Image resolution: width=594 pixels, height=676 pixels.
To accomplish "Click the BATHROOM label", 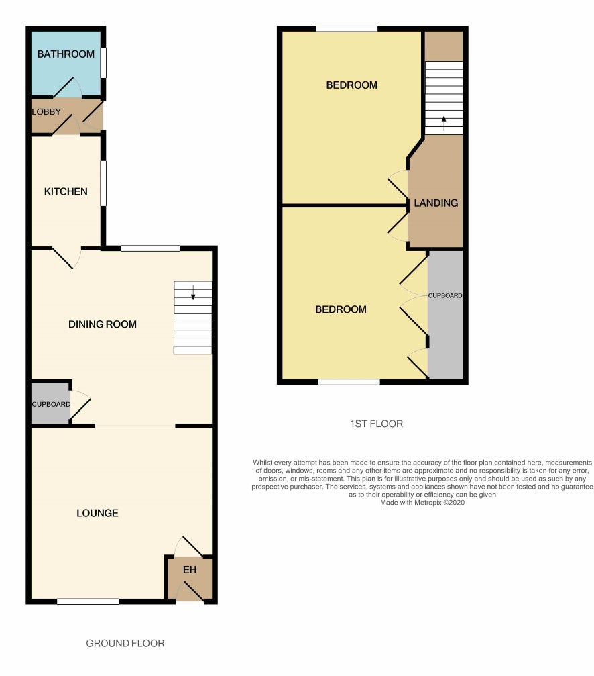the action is pos(66,54).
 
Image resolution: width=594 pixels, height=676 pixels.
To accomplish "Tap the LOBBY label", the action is pos(46,111).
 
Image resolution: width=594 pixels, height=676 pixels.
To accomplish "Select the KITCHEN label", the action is pos(66,191).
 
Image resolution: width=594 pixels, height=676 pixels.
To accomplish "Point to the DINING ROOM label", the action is pos(103,324).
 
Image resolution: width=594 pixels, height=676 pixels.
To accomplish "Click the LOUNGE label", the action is pos(97,513).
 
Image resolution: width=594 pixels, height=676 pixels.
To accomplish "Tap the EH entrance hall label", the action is pos(190,570).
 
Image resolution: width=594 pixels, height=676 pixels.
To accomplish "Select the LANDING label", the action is pos(436,203).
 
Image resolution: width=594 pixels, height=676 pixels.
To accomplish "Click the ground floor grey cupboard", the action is pos(51,403).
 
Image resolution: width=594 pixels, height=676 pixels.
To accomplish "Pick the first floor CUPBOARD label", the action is pos(445,296).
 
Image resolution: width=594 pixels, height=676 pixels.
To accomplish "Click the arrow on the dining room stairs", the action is pos(193,292).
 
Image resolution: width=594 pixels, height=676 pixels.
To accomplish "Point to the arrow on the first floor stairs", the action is pos(444,124).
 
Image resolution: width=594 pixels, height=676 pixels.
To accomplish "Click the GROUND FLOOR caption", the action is pos(125,644).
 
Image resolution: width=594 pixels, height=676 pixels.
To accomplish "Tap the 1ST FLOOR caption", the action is pos(377,424).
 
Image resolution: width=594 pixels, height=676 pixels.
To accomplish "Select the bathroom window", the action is pos(103,63).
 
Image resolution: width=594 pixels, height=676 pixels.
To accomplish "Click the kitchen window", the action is pos(103,183).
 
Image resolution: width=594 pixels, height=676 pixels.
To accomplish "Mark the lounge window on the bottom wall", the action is pos(88,601).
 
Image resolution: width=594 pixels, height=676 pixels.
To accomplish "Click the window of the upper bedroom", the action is pos(347,29).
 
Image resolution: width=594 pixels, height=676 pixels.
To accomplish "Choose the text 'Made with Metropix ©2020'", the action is pos(422,503).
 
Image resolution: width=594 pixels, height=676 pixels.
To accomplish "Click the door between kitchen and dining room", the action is pos(67,257).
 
